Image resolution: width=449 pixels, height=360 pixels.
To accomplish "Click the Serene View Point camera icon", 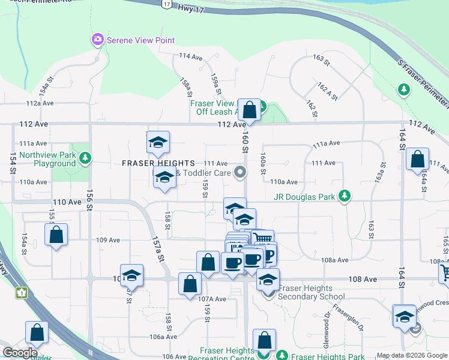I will point(97,40).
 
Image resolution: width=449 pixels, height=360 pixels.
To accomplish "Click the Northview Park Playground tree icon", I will point(86,158).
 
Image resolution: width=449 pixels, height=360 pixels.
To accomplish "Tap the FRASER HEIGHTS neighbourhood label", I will point(158,163).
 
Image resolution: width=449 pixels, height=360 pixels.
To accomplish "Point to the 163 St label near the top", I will point(322,61).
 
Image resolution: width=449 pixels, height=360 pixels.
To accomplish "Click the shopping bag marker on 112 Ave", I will point(250,109).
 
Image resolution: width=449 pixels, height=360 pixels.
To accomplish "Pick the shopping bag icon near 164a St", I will point(417,159).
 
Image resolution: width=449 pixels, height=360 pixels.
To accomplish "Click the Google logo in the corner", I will point(20,353).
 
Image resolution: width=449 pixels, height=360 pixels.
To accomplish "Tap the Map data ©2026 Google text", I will point(411,355).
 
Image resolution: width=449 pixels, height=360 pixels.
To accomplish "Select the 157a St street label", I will point(160,250).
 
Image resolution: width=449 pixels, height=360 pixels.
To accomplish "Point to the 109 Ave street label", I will point(108,240).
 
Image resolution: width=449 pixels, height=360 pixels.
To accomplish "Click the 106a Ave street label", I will point(163,337).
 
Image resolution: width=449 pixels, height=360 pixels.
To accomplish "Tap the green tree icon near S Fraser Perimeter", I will point(403,90).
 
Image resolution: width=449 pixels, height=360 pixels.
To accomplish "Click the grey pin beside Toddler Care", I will point(240,173).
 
